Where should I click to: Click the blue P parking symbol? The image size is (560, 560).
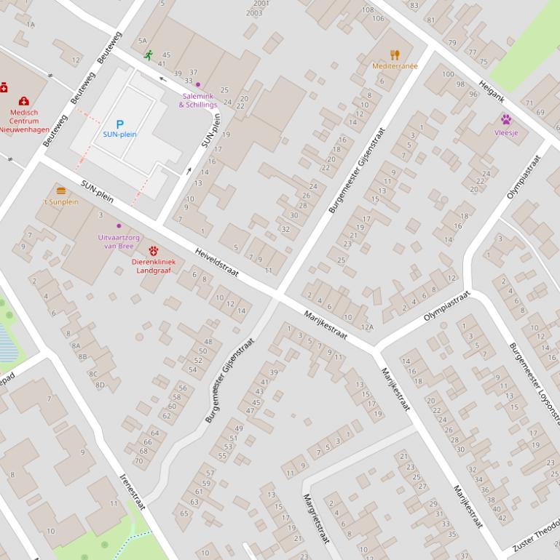tap(120, 124)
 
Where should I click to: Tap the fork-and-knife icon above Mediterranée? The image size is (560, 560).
tap(395, 55)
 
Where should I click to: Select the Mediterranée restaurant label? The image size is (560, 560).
tap(395, 66)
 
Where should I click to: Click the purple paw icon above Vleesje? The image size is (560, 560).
tap(506, 119)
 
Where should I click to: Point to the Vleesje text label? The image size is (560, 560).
tap(506, 132)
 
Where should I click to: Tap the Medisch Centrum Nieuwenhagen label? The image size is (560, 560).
tap(24, 121)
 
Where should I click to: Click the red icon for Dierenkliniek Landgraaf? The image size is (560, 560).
tap(154, 251)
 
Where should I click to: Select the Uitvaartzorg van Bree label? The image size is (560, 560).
tap(119, 241)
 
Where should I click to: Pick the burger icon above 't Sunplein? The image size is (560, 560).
tap(61, 191)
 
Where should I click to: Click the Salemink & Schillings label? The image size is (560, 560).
tap(198, 100)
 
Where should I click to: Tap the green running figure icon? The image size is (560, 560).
tap(149, 55)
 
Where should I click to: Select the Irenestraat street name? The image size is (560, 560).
tap(133, 492)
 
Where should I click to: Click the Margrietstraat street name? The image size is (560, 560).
tap(316, 518)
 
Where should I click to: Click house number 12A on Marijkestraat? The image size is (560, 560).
tap(367, 327)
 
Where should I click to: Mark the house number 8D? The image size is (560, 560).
tap(100, 385)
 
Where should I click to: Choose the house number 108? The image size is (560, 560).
tap(368, 10)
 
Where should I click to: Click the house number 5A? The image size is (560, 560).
tap(142, 41)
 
